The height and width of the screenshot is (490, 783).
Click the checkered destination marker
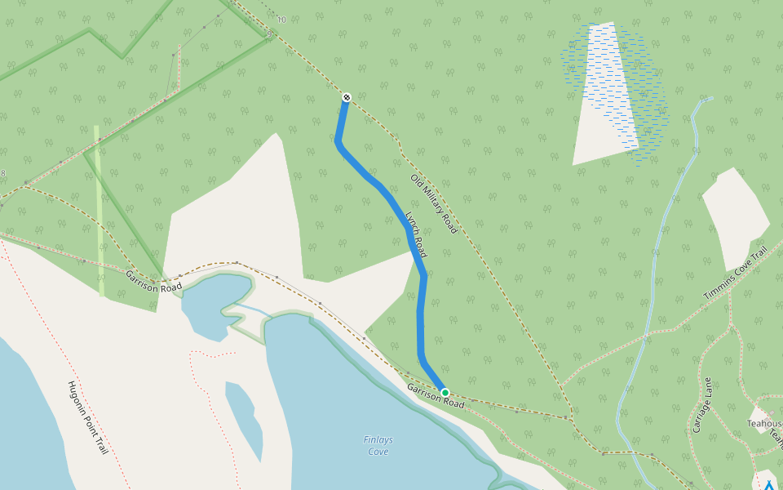(347, 97)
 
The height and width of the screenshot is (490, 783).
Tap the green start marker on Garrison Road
(445, 393)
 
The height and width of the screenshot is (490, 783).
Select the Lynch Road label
(416, 235)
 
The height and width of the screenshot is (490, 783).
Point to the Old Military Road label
(433, 204)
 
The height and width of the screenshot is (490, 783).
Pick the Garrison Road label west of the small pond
(153, 282)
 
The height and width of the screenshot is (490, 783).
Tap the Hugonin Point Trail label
(87, 417)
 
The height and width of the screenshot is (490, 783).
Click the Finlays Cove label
(378, 445)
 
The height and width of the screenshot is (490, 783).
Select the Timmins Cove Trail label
(737, 273)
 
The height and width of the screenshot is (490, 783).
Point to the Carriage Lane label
(702, 404)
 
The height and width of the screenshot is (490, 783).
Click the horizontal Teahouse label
(764, 423)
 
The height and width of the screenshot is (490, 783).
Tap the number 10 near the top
(281, 20)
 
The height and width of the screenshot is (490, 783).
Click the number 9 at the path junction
(268, 33)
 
